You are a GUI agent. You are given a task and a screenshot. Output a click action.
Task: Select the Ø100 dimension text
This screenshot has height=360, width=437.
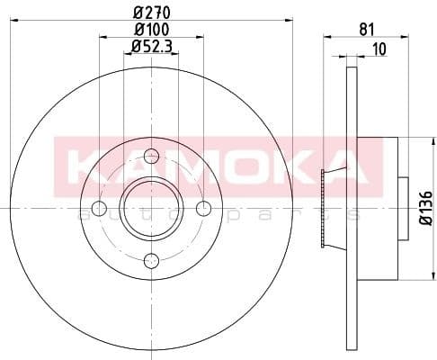[151, 31]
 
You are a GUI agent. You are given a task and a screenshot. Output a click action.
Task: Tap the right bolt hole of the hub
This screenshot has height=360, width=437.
[204, 209]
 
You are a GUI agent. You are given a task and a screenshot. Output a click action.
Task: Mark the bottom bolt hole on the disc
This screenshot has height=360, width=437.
[151, 261]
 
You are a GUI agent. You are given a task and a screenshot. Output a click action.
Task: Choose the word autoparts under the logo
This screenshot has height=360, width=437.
[225, 214]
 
